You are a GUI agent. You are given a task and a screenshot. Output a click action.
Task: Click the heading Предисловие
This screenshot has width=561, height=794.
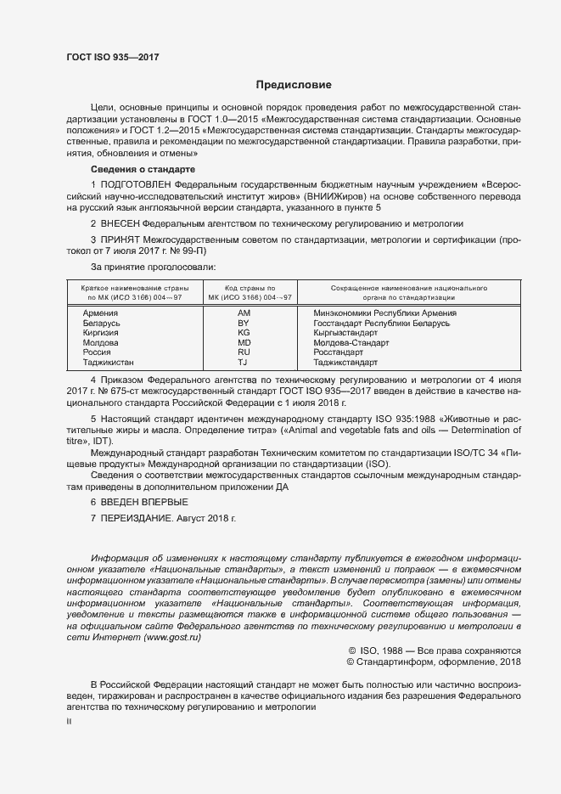click(294, 85)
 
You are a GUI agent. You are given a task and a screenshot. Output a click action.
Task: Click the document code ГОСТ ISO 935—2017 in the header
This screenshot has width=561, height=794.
click(112, 57)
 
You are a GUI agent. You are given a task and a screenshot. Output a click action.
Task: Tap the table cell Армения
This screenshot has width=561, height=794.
click(100, 313)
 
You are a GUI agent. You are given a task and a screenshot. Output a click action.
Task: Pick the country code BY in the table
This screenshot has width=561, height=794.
click(243, 324)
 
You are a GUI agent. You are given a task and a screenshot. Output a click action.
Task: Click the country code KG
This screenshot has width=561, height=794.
click(243, 334)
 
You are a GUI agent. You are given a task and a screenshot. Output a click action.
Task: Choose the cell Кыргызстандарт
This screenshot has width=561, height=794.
click(350, 334)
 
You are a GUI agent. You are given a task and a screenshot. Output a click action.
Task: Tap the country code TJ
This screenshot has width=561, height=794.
click(243, 363)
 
